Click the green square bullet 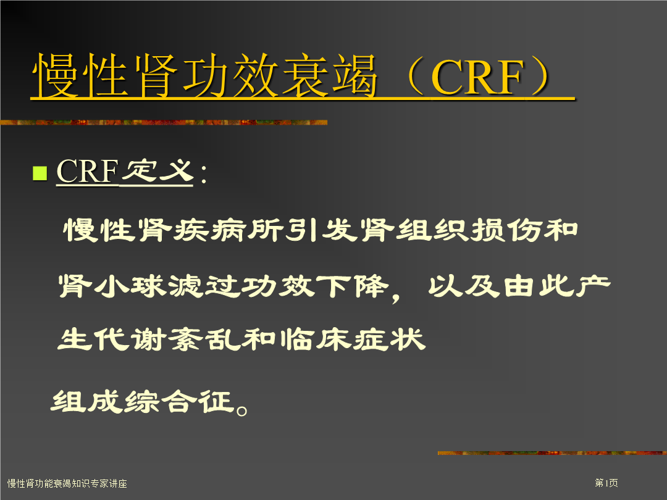pyautogui.click(x=40, y=173)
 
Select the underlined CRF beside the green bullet pyautogui.click(x=87, y=172)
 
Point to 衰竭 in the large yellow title pyautogui.click(x=330, y=76)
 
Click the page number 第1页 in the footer pyautogui.click(x=606, y=483)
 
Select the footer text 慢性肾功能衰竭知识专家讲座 pyautogui.click(x=67, y=483)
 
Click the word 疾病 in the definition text pyautogui.click(x=211, y=230)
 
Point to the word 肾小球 pyautogui.click(x=112, y=285)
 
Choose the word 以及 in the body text pyautogui.click(x=464, y=285)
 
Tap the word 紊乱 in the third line pyautogui.click(x=203, y=340)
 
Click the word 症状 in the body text pyautogui.click(x=389, y=340)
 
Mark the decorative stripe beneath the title pyautogui.click(x=164, y=122)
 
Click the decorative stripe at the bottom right pyautogui.click(x=552, y=453)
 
